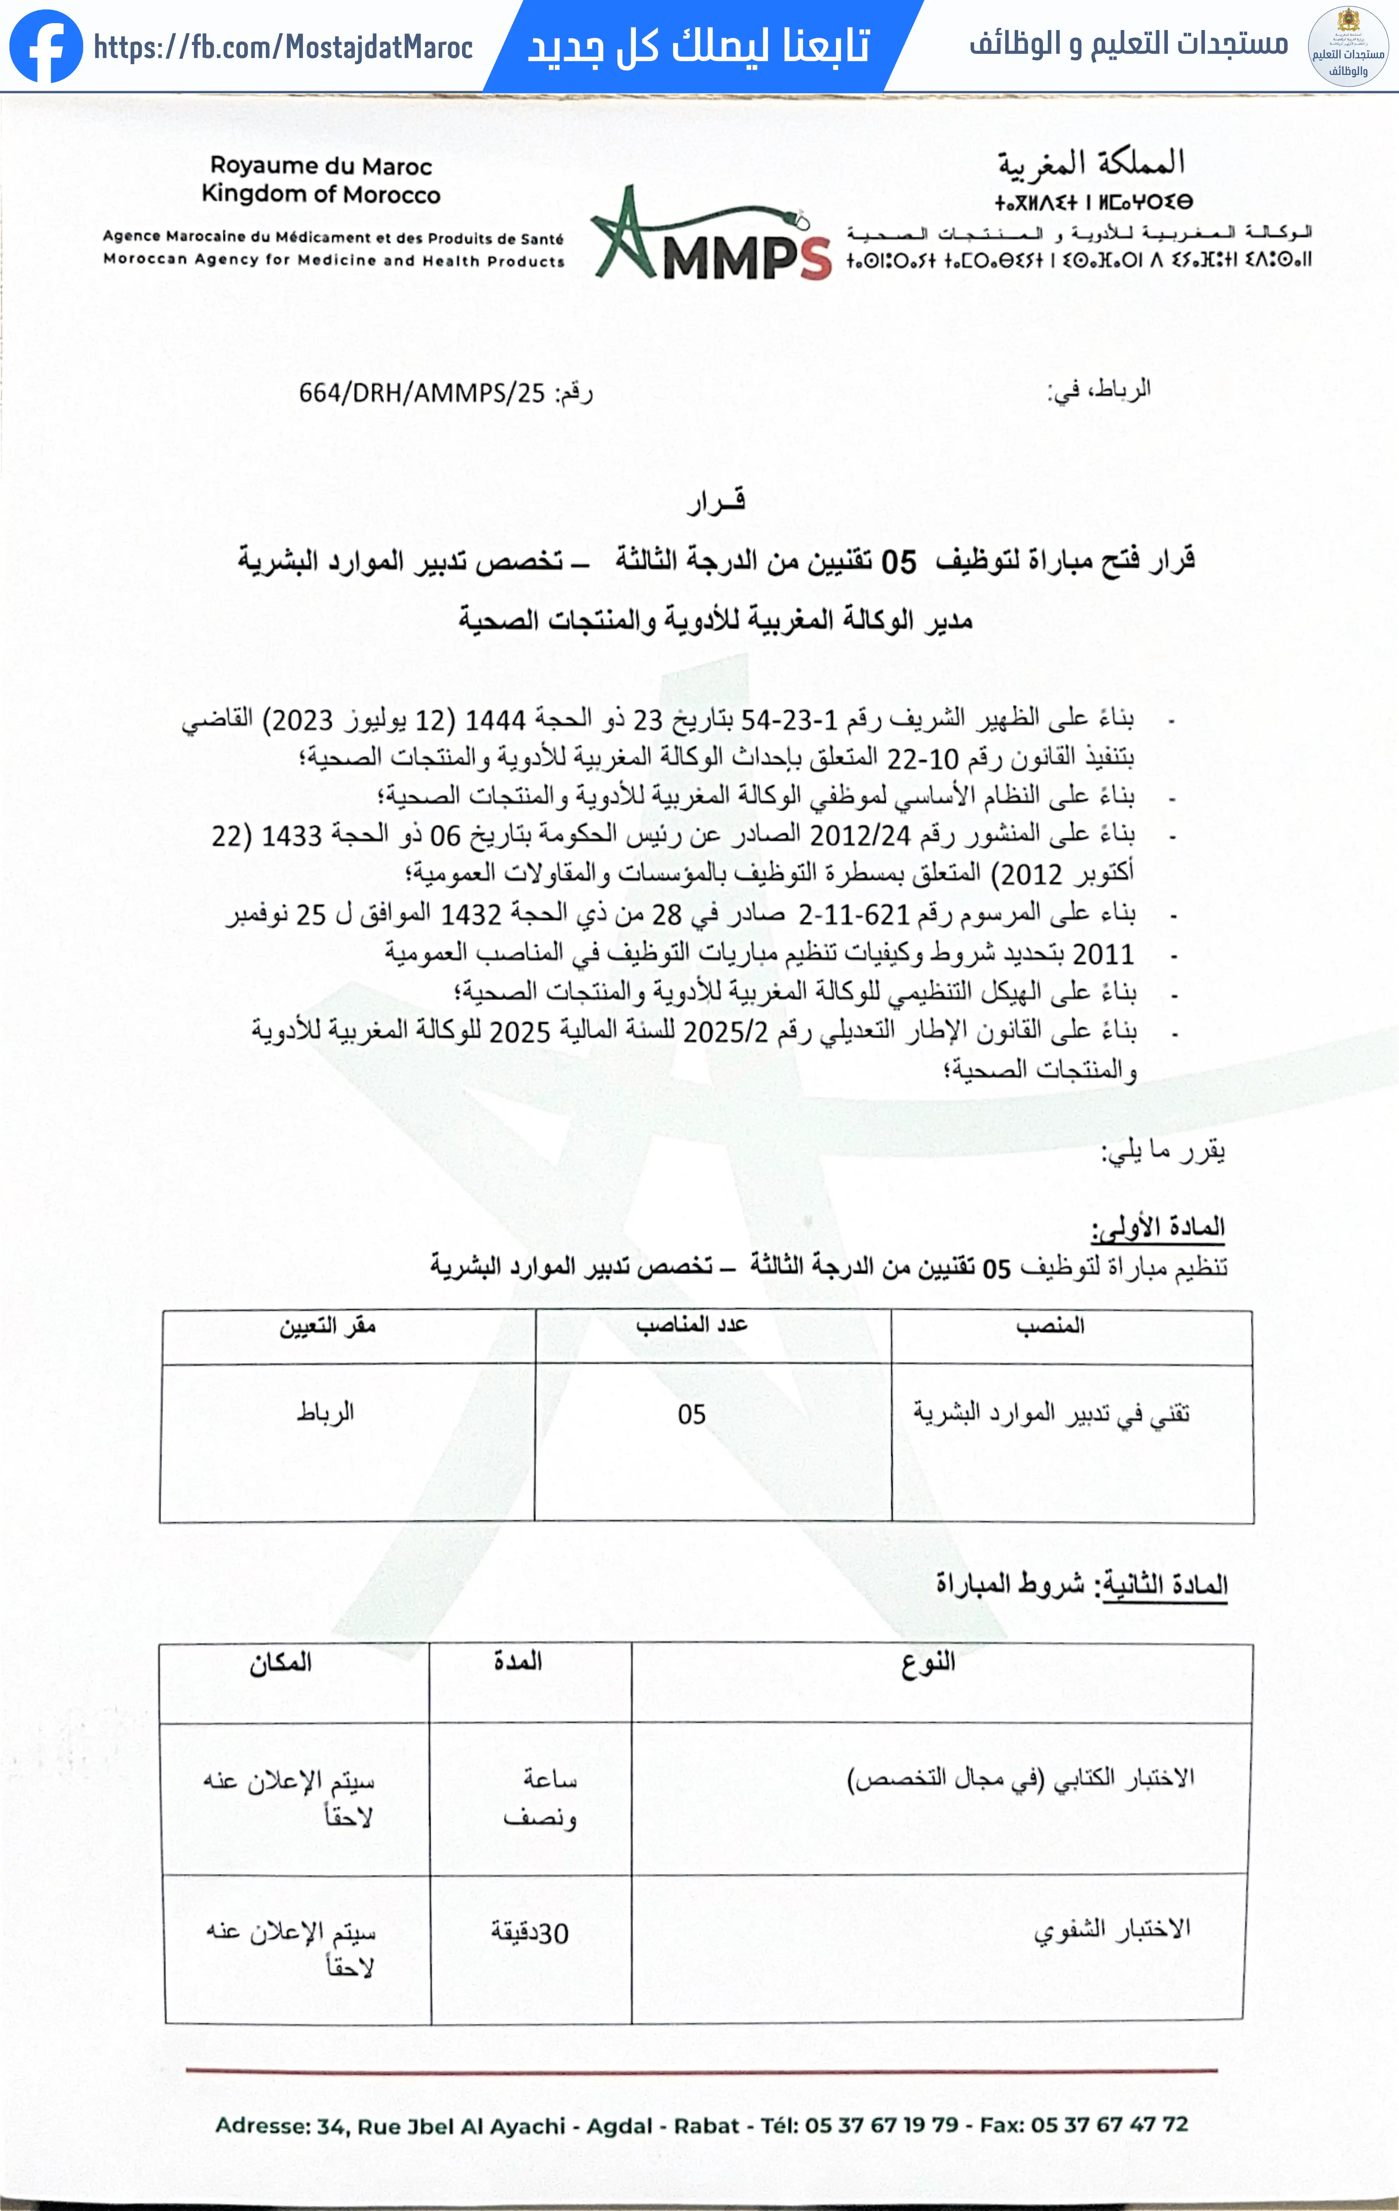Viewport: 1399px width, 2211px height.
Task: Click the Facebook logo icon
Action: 46,46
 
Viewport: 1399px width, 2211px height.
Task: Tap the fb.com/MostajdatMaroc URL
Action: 283,47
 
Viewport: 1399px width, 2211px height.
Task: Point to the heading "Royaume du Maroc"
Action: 320,166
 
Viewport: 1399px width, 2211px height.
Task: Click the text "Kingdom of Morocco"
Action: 320,194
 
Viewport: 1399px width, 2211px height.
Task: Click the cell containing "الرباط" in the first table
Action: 325,1411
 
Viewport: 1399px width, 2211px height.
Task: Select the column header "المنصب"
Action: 1050,1325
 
